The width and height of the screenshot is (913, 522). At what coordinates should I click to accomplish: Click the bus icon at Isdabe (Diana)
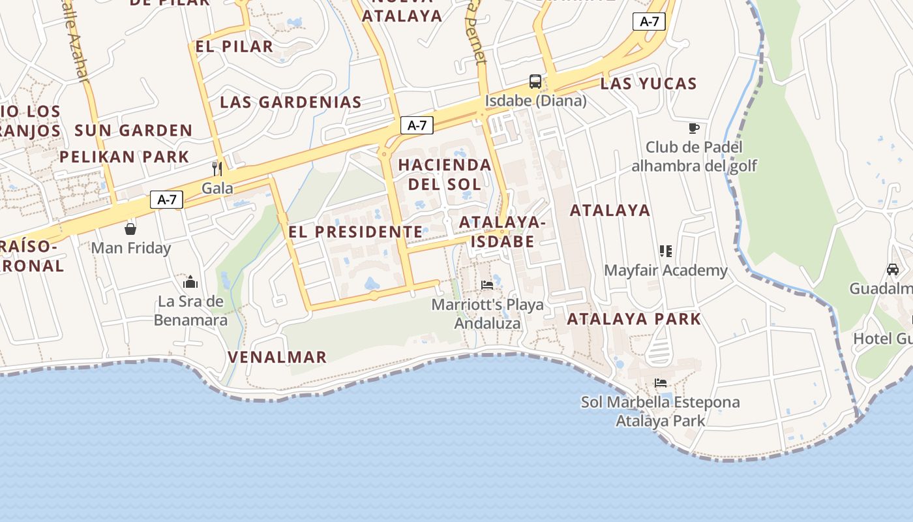click(535, 82)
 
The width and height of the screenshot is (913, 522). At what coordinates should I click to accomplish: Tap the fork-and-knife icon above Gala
click(217, 169)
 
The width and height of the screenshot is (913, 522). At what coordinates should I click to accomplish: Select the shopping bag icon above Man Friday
click(130, 229)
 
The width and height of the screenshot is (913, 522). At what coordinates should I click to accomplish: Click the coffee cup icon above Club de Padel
click(693, 128)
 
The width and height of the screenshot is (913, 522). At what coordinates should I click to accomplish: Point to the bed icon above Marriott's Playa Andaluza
click(487, 285)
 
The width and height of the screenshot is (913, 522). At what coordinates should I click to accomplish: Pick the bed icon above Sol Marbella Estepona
click(661, 383)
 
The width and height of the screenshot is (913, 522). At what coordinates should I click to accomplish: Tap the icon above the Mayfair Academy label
click(665, 251)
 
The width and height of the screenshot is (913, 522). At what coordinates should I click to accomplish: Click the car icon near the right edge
click(892, 269)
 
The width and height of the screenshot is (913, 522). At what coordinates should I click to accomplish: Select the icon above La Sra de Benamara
click(190, 282)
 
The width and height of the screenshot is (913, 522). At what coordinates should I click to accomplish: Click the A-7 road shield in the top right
click(649, 22)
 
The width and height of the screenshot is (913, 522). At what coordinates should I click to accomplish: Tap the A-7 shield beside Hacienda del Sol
click(417, 126)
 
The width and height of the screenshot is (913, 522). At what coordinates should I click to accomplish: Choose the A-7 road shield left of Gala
click(166, 200)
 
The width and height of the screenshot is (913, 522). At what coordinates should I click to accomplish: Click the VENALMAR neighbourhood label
click(277, 357)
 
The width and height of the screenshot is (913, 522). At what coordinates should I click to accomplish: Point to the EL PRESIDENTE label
click(355, 232)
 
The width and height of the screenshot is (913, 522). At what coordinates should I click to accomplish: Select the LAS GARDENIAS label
click(290, 102)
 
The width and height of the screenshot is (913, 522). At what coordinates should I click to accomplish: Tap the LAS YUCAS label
click(648, 84)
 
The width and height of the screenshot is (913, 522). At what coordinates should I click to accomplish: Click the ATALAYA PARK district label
click(633, 319)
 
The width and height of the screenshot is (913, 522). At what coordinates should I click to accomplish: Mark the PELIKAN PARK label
click(124, 157)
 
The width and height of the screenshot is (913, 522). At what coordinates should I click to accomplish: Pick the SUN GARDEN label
click(134, 130)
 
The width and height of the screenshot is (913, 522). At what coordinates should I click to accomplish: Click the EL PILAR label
click(234, 46)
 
